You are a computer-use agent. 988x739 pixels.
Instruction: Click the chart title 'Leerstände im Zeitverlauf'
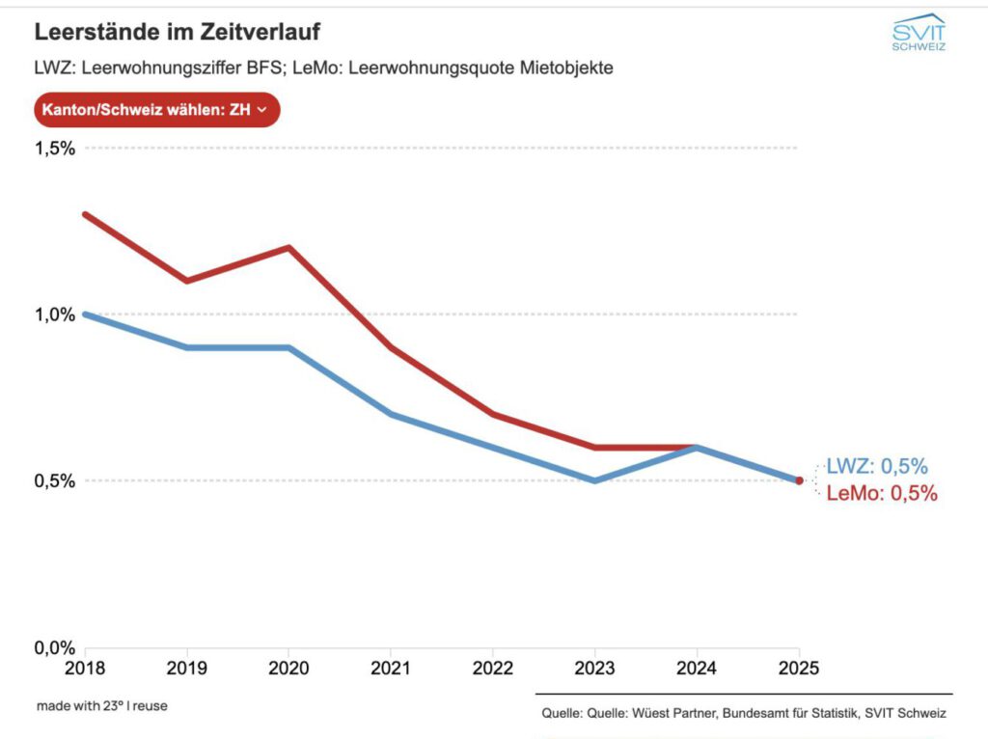pyautogui.click(x=177, y=32)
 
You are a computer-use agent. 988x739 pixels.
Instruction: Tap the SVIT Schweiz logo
pyautogui.click(x=918, y=33)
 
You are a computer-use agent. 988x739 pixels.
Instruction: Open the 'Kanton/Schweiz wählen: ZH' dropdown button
pyautogui.click(x=157, y=110)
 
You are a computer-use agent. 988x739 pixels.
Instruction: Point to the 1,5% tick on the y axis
pyautogui.click(x=56, y=149)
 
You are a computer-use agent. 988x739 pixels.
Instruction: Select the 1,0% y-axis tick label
pyautogui.click(x=56, y=315)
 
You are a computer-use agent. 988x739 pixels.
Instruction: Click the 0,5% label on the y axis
pyautogui.click(x=56, y=480)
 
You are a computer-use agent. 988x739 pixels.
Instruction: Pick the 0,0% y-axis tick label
pyautogui.click(x=56, y=647)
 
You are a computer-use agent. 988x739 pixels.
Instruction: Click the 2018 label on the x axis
pyautogui.click(x=85, y=668)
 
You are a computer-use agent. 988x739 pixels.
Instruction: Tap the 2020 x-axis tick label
pyautogui.click(x=288, y=668)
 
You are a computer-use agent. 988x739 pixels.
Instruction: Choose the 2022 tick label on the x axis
pyautogui.click(x=492, y=668)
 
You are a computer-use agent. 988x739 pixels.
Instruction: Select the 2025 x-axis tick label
pyautogui.click(x=798, y=668)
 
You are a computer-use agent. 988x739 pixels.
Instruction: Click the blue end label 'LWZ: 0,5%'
pyautogui.click(x=877, y=467)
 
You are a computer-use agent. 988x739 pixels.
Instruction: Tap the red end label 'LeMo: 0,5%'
pyautogui.click(x=882, y=494)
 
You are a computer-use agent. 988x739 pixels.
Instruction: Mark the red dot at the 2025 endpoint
pyautogui.click(x=799, y=480)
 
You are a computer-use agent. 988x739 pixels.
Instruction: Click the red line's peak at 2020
pyautogui.click(x=288, y=247)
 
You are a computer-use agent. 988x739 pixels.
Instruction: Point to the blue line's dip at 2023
pyautogui.click(x=594, y=480)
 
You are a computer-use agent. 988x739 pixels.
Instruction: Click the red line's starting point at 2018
pyautogui.click(x=86, y=214)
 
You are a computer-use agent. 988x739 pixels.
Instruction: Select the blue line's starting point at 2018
pyautogui.click(x=86, y=315)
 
